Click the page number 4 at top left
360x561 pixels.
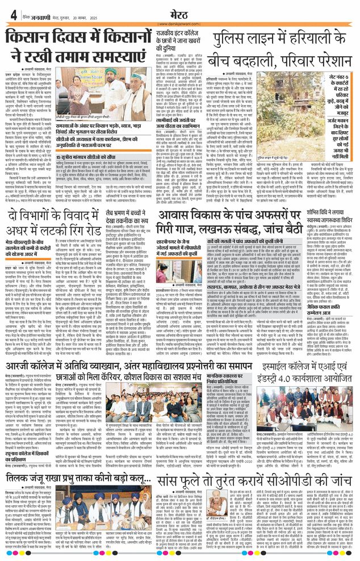(12, 15)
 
